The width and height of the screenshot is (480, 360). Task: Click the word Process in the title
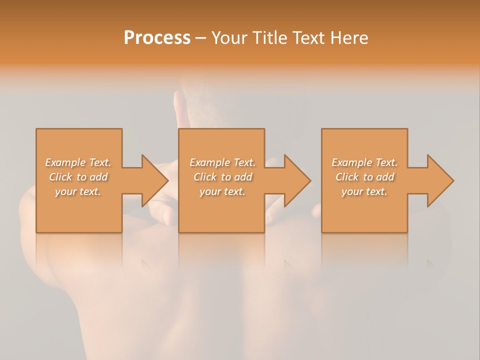point(157,38)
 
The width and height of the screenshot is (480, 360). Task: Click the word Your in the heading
point(230,38)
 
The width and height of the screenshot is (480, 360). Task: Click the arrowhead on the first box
point(153,180)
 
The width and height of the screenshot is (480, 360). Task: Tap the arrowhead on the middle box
point(295,180)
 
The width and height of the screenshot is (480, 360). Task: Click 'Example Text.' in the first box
point(78,162)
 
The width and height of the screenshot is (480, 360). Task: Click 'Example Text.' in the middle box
point(222,162)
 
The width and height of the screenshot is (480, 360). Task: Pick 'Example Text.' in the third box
point(364,162)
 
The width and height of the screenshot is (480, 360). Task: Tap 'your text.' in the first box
point(78,191)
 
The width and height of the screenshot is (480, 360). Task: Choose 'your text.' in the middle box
point(222,191)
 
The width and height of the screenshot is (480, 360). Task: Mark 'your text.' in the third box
point(364,191)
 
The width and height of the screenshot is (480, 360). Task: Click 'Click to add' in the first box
point(78,177)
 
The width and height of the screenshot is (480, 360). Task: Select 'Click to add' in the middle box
point(222,177)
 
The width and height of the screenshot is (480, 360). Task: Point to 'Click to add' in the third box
point(364,177)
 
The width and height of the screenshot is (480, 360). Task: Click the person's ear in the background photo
point(177,105)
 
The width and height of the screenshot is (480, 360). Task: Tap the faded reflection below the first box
point(79,250)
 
